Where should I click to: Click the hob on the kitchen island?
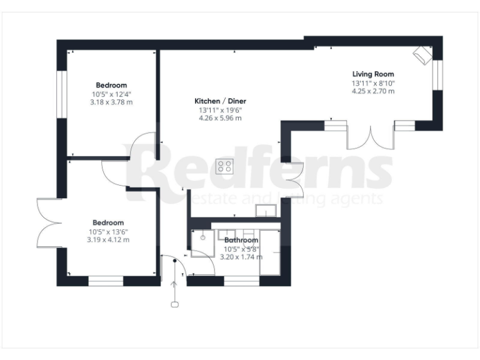[x=225, y=166]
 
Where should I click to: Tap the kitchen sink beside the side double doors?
[x=266, y=211]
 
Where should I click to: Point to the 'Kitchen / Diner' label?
[x=220, y=101]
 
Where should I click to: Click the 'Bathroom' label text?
[x=241, y=240]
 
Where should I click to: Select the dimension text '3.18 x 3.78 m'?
[x=112, y=102]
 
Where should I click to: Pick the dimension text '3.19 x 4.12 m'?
[x=109, y=239]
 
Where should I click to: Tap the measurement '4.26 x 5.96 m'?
[x=220, y=117]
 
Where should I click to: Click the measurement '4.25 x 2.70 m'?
[x=372, y=91]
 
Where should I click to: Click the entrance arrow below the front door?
[x=175, y=294]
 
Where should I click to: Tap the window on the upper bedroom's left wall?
[x=62, y=94]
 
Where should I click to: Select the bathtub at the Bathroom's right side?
[x=270, y=253]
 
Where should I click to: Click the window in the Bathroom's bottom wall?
[x=241, y=281]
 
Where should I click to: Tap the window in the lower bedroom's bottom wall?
[x=105, y=281]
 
